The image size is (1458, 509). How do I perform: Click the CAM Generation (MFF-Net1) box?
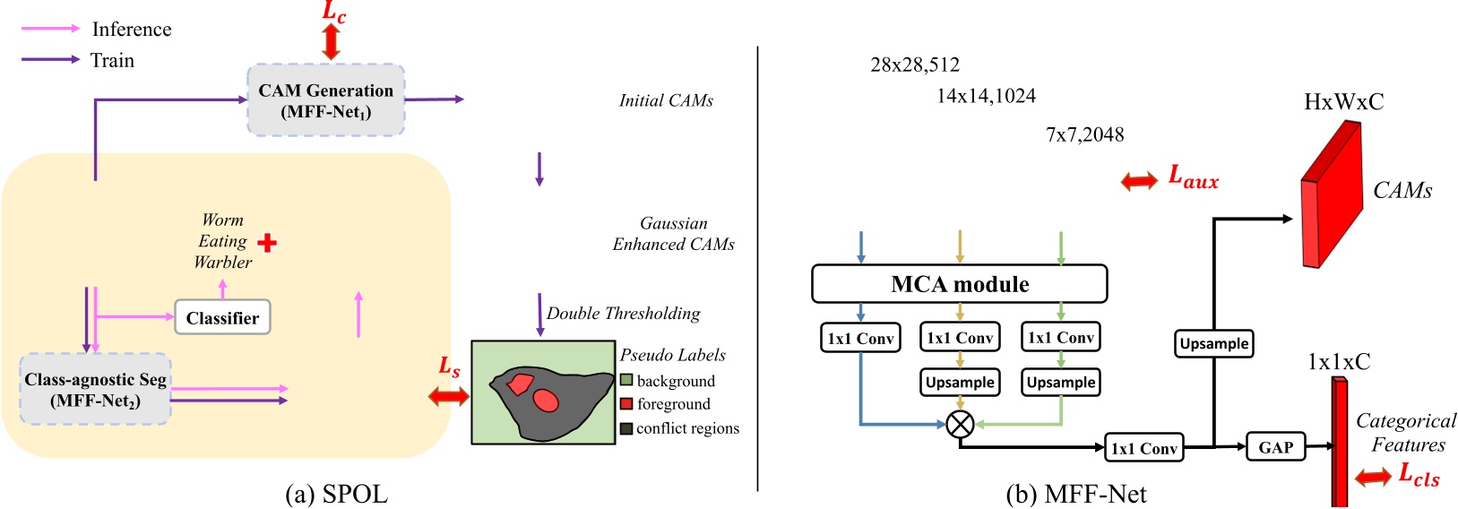pos(326,100)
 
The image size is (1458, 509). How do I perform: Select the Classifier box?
pos(222,317)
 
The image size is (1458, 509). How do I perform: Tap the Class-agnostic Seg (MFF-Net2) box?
pos(95,389)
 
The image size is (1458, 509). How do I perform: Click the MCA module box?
pos(959,284)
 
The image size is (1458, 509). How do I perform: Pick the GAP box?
pos(1275,447)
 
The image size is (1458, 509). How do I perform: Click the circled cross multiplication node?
pos(960,423)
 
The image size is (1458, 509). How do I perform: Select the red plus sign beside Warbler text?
pos(267,242)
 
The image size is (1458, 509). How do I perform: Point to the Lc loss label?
pos(333,13)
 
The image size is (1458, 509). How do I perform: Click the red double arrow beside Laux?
pos(1139,181)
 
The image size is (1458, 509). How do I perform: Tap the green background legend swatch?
pos(626,381)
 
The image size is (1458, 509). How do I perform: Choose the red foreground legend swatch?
pos(626,404)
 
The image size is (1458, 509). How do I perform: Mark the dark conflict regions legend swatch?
pos(626,428)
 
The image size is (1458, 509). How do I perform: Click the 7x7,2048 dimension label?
pos(1084,134)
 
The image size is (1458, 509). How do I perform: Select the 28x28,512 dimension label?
pos(915,65)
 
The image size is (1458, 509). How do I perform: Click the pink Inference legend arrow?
pos(50,29)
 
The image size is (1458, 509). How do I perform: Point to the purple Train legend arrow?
pos(50,60)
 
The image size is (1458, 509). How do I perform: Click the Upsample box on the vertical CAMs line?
pos(1213,343)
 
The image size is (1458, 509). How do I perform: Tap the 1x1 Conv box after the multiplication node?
pos(1143,448)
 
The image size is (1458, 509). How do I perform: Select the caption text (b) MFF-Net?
pos(1075,494)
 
